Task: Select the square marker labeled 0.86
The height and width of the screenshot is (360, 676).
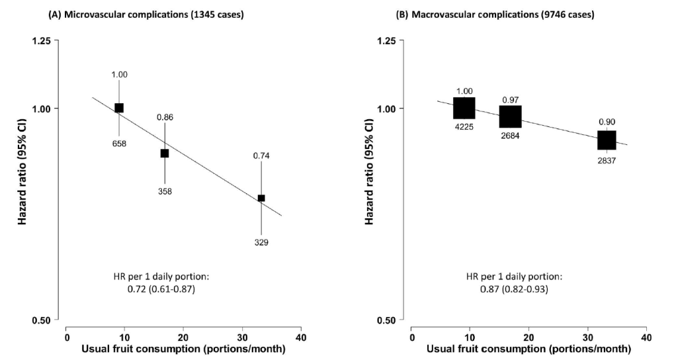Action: tap(165, 154)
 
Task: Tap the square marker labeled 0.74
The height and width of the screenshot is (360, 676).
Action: tap(261, 198)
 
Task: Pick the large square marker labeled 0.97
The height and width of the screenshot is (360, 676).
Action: tap(510, 116)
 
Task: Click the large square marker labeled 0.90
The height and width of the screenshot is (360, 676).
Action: tap(607, 140)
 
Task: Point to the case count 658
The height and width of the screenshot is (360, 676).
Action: tap(119, 143)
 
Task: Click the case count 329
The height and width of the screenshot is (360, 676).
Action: tap(261, 243)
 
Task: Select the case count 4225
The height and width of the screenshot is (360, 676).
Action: tap(464, 128)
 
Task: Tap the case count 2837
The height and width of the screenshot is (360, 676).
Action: tap(607, 160)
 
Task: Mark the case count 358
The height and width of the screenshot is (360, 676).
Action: tap(165, 191)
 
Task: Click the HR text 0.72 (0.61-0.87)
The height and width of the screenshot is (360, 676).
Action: tap(153, 289)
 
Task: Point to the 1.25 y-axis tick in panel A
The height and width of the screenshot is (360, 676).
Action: tap(41, 41)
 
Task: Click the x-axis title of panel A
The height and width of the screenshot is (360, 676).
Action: tap(183, 349)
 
